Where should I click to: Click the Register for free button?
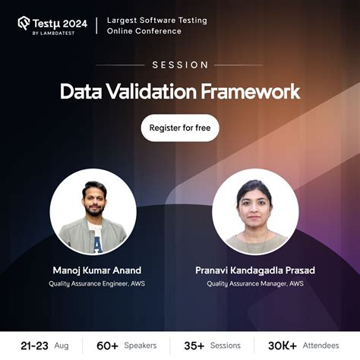[x=180, y=128]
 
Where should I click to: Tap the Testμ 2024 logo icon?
[x=24, y=23]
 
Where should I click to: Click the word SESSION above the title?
[x=180, y=65]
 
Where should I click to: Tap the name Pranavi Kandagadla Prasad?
[x=255, y=270]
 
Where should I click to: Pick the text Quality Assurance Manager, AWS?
[x=255, y=284]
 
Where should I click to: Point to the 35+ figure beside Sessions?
[x=194, y=346]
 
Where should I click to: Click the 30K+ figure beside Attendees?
[x=282, y=346]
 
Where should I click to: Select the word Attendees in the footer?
[x=320, y=346]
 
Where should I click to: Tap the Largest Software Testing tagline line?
[x=156, y=19]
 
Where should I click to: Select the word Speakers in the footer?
[x=141, y=346]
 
